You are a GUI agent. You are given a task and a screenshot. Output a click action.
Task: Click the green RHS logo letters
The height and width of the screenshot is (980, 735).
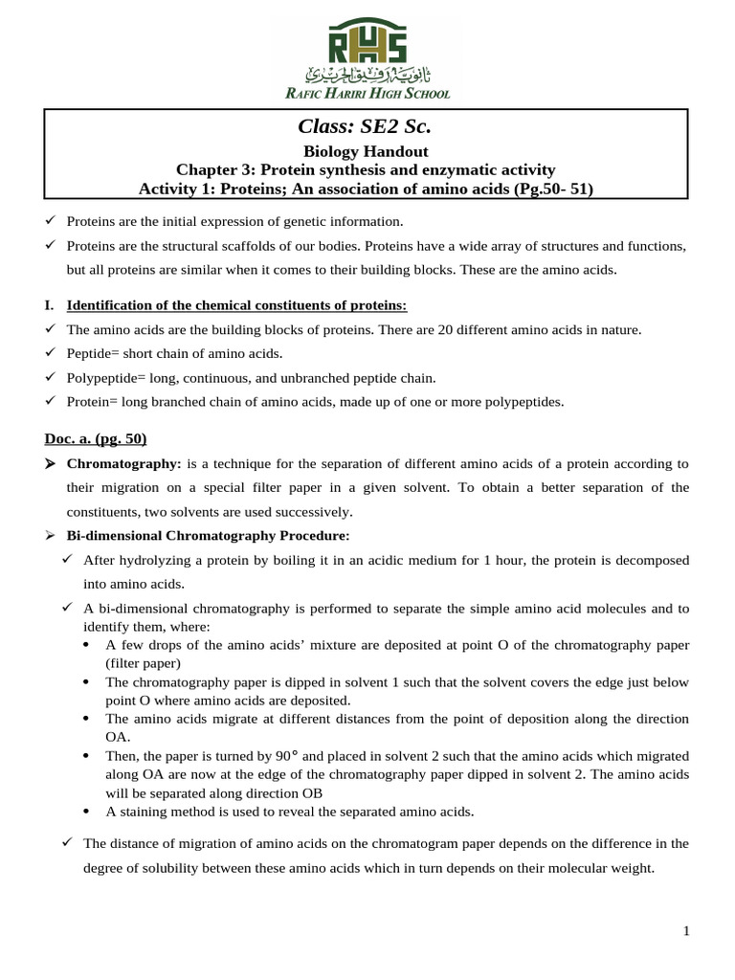pos(367,43)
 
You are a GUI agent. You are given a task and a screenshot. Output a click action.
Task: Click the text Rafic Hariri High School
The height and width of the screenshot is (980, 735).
pos(367,93)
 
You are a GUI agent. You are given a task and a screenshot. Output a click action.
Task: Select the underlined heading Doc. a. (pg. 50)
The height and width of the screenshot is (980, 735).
pos(95,438)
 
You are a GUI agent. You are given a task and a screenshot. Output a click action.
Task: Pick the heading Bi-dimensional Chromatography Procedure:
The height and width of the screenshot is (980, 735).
pos(208,534)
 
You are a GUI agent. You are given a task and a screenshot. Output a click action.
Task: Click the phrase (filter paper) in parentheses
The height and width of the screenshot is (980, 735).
pos(143,662)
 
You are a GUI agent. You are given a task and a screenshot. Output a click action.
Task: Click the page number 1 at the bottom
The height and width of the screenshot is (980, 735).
pos(686,931)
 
